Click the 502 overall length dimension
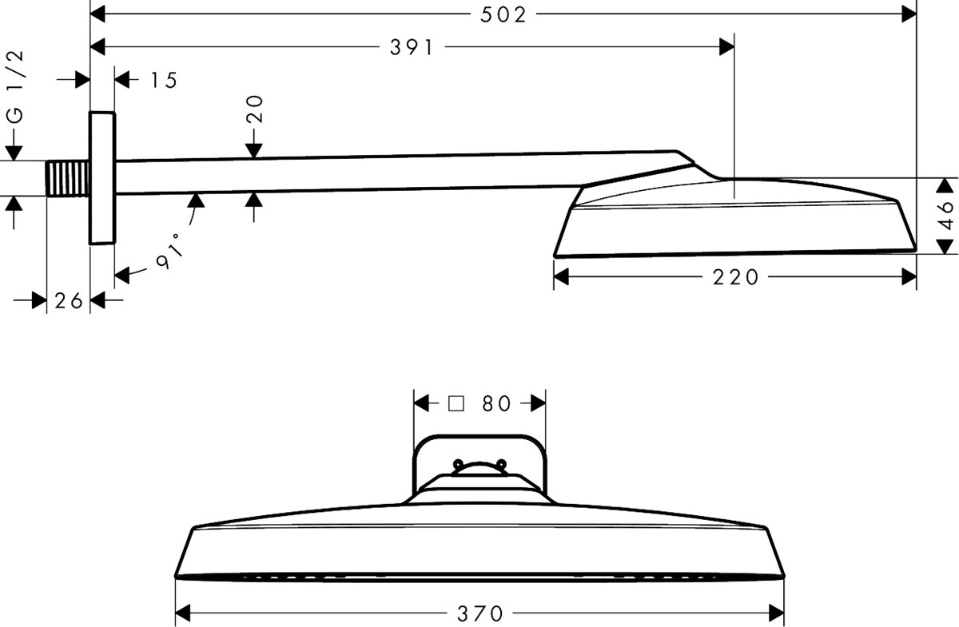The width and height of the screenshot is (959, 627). (503, 15)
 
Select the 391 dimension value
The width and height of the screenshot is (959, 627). (412, 47)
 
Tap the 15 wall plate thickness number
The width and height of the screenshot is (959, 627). (164, 81)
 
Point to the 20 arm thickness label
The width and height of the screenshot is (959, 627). (255, 109)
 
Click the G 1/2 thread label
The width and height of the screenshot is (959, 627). (16, 87)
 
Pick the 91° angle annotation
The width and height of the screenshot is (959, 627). (170, 252)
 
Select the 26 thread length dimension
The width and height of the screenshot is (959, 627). (69, 301)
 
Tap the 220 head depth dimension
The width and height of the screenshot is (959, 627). (735, 277)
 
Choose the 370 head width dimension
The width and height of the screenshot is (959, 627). (480, 613)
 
